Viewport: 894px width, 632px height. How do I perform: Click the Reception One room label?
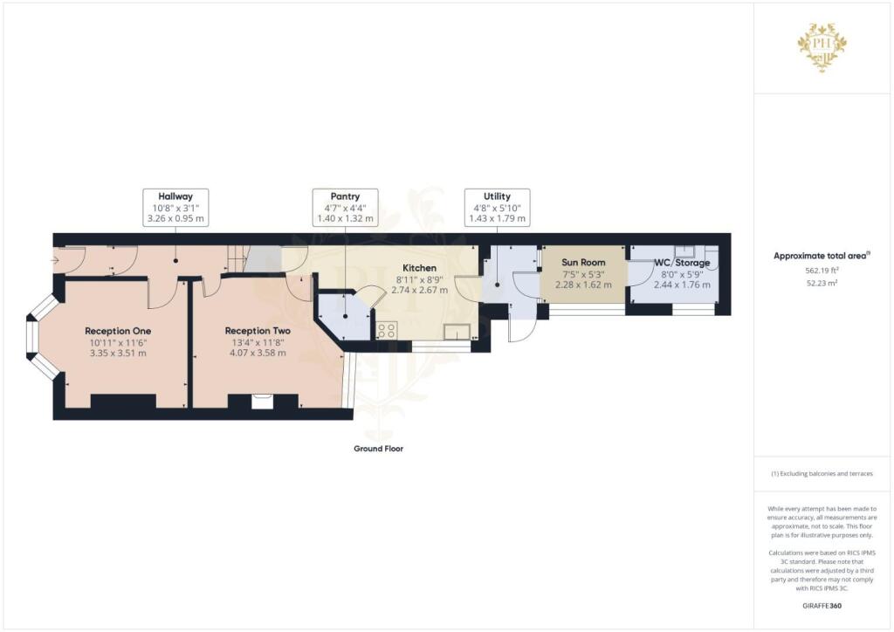pyautogui.click(x=118, y=331)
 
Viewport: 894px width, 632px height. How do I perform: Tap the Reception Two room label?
pyautogui.click(x=258, y=331)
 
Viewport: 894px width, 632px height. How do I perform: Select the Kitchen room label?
pyautogui.click(x=420, y=268)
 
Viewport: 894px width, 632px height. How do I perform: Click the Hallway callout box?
pyautogui.click(x=175, y=208)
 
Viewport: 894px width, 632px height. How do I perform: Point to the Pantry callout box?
pyautogui.click(x=345, y=208)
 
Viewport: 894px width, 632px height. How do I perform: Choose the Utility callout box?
pyautogui.click(x=497, y=208)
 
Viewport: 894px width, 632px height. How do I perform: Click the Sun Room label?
pyautogui.click(x=583, y=263)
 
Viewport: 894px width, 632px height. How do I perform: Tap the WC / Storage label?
pyautogui.click(x=682, y=263)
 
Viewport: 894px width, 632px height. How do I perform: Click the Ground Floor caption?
pyautogui.click(x=379, y=449)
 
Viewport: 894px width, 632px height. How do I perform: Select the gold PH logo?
pyautogui.click(x=822, y=45)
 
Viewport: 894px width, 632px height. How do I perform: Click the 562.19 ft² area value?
pyautogui.click(x=822, y=271)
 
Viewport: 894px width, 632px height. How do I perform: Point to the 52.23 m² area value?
pyautogui.click(x=822, y=283)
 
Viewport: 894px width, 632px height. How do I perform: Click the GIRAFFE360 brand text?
pyautogui.click(x=822, y=606)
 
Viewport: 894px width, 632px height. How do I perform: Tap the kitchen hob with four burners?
pyautogui.click(x=387, y=331)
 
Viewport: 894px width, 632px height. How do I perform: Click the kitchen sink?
pyautogui.click(x=457, y=332)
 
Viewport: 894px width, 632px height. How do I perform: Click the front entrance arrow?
pyautogui.click(x=55, y=260)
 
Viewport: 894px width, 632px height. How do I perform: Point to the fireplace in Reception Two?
pyautogui.click(x=263, y=402)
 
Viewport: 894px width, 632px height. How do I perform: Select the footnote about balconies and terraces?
pyautogui.click(x=822, y=474)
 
